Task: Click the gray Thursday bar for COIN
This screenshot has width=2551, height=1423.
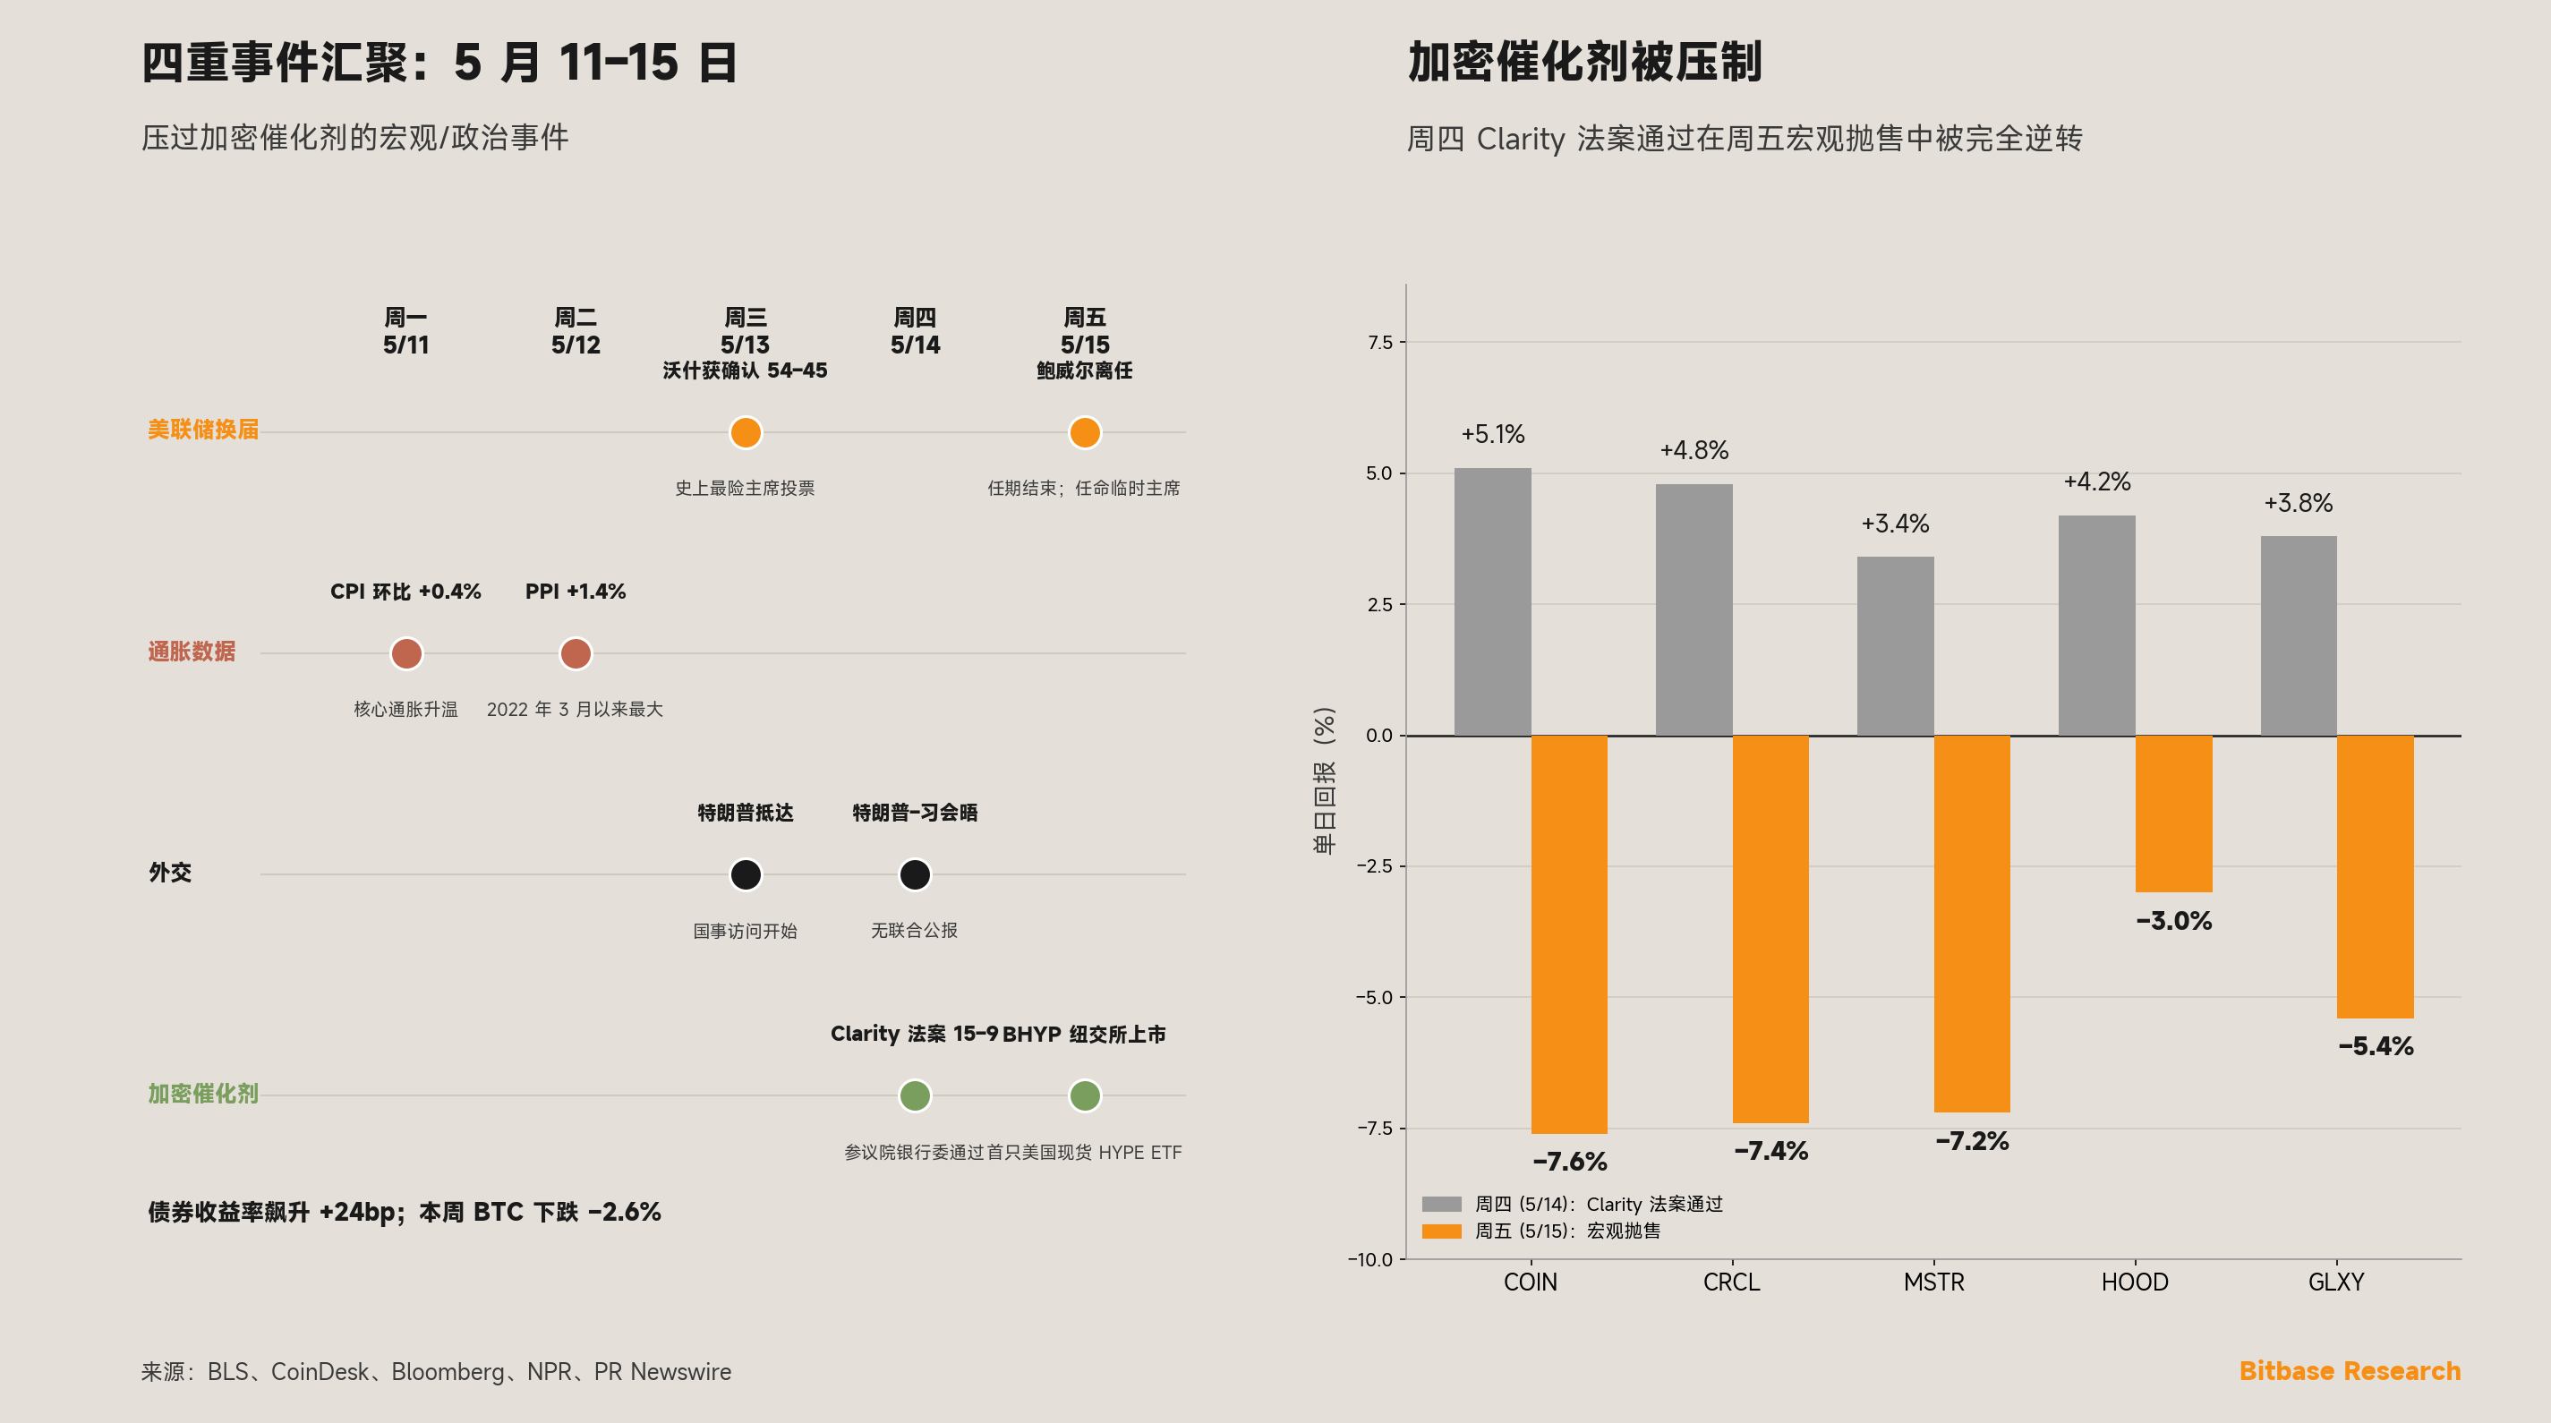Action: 1492,602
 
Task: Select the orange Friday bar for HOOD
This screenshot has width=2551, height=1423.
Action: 2173,814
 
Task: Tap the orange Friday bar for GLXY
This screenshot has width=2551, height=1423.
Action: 2375,876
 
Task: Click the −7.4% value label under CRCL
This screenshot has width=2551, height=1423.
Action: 1770,1151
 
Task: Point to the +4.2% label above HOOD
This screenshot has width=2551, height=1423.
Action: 2096,482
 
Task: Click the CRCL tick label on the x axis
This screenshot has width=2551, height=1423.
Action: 1731,1282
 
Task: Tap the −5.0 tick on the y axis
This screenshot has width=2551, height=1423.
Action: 1375,997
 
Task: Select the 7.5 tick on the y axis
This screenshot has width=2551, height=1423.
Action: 1379,343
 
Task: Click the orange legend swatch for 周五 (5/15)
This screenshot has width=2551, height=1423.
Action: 1442,1231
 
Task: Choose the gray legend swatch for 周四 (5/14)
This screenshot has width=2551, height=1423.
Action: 1442,1204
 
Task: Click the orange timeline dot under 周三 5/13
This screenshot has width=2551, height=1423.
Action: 746,433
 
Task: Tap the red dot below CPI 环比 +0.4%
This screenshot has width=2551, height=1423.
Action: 406,653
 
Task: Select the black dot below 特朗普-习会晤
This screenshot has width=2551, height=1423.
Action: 915,874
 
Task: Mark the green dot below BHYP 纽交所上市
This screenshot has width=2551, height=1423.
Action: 1084,1095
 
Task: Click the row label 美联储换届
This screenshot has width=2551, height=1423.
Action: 203,429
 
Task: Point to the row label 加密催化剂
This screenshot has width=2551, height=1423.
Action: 203,1094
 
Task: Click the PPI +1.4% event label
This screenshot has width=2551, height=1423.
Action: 576,592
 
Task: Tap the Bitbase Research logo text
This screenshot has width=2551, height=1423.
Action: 2349,1370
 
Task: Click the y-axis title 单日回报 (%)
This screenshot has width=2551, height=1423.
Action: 1324,780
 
